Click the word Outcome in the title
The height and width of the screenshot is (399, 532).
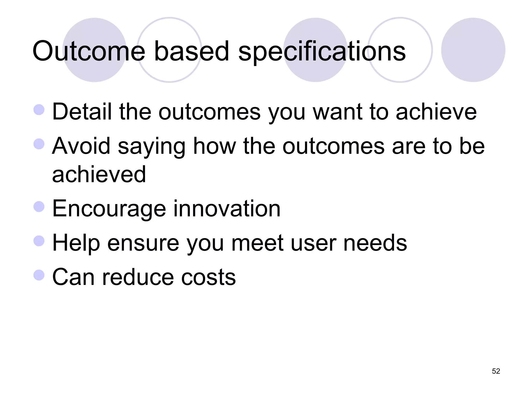(89, 51)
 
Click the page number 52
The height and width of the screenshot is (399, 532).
(496, 371)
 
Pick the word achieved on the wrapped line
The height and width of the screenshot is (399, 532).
(99, 174)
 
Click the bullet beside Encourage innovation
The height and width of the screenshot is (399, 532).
(39, 207)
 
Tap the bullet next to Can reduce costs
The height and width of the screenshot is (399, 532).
(39, 275)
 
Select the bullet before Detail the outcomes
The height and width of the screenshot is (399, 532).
(39, 110)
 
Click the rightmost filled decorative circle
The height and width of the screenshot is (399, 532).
(473, 50)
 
